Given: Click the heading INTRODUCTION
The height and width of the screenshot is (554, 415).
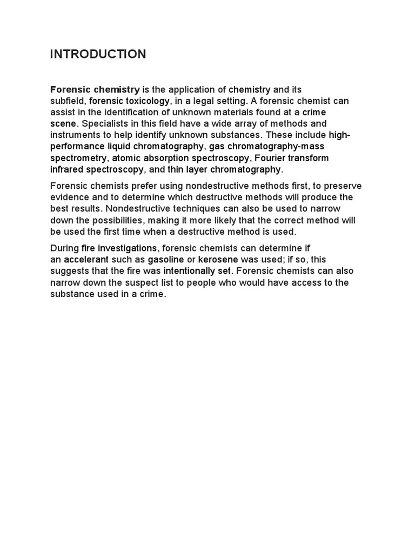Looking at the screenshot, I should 98,54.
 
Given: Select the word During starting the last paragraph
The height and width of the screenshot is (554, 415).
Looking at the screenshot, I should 64,248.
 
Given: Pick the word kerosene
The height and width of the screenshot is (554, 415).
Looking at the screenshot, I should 219,260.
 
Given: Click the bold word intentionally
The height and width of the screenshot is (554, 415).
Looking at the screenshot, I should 187,271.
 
